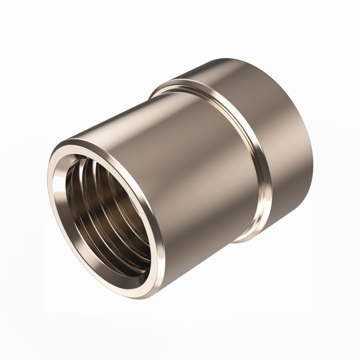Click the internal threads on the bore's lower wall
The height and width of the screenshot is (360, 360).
[x=114, y=251]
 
